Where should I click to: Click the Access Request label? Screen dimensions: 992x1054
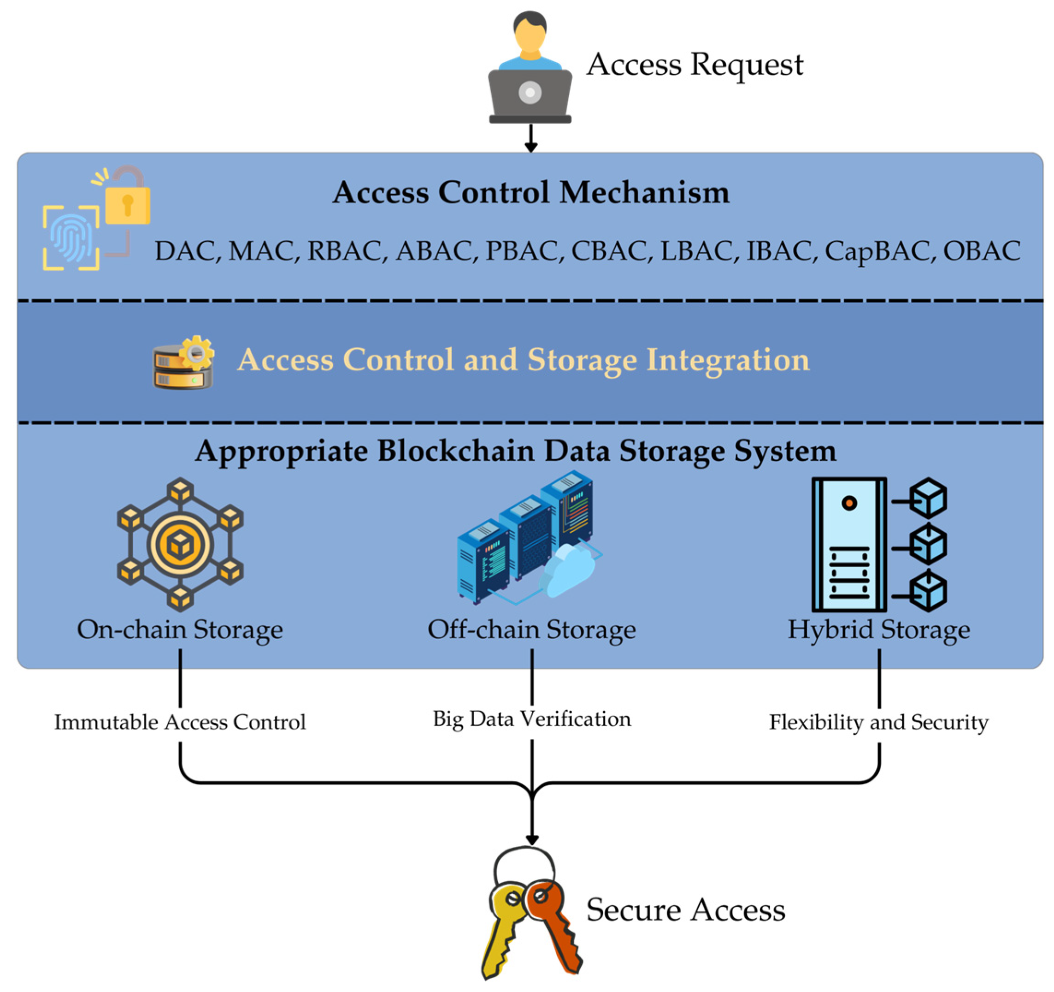click(x=695, y=65)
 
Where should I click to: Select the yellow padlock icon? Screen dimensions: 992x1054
click(x=128, y=204)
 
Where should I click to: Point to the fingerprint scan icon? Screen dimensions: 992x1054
click(x=71, y=238)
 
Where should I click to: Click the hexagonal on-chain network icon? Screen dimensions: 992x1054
click(x=180, y=544)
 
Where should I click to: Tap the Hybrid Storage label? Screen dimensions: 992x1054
click(x=878, y=630)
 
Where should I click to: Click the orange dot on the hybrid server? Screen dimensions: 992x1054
click(x=849, y=503)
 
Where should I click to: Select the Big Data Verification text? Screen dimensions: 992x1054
click(x=532, y=719)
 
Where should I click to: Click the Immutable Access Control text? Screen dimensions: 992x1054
click(x=180, y=722)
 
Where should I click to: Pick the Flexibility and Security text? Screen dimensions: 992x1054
click(x=878, y=722)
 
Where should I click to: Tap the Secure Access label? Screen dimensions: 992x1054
click(x=685, y=910)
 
